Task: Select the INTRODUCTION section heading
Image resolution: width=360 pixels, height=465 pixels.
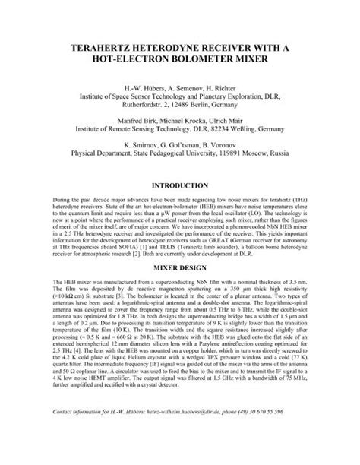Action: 180,185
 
